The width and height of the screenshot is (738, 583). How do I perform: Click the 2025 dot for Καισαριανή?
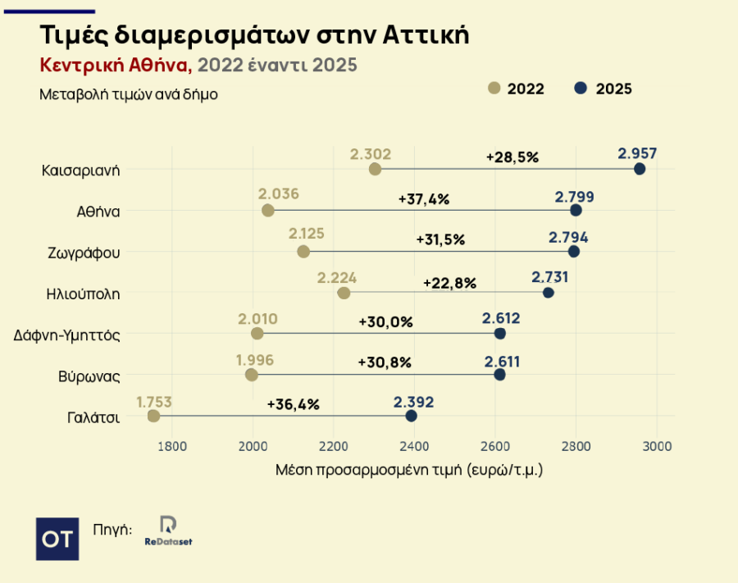point(640,169)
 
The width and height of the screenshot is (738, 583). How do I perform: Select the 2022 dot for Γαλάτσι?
point(153,416)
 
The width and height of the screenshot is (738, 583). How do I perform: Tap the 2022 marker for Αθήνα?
point(267,211)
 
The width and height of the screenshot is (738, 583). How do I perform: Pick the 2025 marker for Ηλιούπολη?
point(548,293)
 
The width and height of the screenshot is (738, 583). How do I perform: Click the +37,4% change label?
point(424,198)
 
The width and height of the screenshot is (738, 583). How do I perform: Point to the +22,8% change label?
point(449,283)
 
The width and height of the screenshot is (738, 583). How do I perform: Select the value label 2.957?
point(638,153)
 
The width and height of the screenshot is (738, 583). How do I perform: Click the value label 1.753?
point(154,402)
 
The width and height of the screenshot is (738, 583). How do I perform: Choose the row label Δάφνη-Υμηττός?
point(68,335)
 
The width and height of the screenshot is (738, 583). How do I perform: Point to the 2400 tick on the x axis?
point(414,446)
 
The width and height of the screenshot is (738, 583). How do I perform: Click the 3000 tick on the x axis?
point(656,446)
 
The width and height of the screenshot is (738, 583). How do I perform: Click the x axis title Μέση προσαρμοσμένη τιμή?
point(409,471)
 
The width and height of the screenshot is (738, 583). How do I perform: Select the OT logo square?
point(58,539)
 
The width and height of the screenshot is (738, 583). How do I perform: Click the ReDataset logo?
point(168,532)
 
